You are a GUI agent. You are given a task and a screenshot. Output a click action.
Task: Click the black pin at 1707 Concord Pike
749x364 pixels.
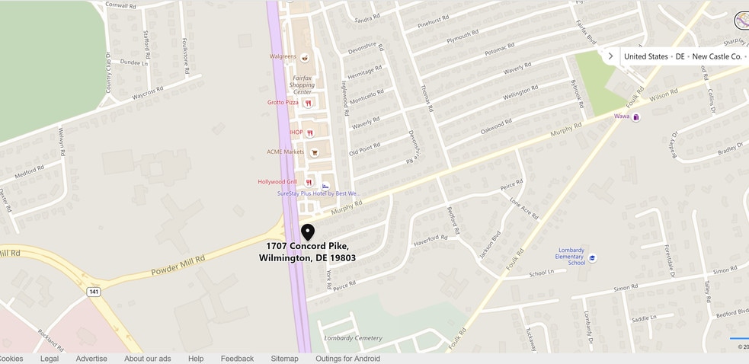(308, 231)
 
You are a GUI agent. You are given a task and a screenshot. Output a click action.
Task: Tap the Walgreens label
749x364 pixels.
(282, 56)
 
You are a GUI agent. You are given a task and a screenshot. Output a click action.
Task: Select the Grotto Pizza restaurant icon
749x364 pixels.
(308, 103)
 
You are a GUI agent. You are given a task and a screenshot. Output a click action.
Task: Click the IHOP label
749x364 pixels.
(296, 133)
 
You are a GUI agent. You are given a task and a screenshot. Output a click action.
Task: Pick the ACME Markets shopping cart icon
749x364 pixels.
(314, 152)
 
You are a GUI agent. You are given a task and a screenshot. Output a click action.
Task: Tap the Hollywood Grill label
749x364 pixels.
(277, 182)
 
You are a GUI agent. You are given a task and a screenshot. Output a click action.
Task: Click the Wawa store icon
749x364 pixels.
(636, 117)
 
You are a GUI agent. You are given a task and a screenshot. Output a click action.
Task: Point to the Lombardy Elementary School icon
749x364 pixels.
(592, 258)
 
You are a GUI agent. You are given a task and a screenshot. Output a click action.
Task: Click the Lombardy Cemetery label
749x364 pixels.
(352, 338)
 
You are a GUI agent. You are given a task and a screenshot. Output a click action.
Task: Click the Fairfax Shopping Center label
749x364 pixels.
(302, 85)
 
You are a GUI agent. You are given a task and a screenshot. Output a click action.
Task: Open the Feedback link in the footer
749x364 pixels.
(237, 359)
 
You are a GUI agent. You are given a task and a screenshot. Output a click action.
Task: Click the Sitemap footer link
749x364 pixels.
(284, 359)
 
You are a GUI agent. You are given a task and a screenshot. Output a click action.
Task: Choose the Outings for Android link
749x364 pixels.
(347, 359)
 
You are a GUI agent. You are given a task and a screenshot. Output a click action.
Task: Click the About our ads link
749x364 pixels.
(147, 359)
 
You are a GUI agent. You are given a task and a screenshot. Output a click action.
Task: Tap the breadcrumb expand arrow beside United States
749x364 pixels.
(610, 56)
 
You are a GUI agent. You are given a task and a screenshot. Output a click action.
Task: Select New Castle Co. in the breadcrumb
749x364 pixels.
(716, 56)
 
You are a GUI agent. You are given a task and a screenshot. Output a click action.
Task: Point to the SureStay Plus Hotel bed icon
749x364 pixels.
(325, 186)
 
